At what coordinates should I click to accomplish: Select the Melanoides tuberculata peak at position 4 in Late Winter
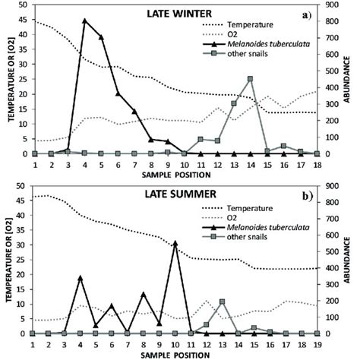pyautogui.click(x=84, y=21)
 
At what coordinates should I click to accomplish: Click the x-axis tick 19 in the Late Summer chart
pyautogui.click(x=317, y=343)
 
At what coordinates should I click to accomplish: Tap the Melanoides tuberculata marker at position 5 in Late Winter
pyautogui.click(x=101, y=36)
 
